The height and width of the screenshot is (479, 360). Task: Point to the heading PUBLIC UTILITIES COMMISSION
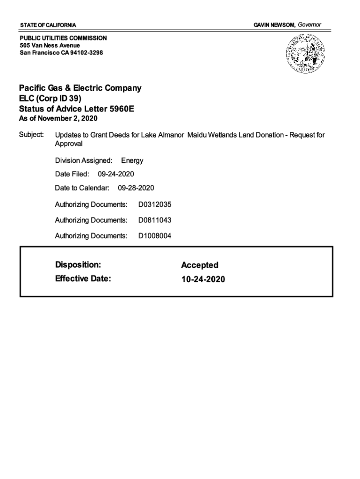pos(63,38)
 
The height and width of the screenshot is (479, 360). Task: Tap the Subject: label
pos(31,135)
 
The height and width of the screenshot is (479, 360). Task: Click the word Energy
pos(132,160)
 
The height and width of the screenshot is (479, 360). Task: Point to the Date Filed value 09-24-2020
pos(116,174)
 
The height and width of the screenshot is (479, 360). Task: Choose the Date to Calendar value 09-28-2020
pos(136,188)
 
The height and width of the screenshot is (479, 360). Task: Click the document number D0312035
pos(155,204)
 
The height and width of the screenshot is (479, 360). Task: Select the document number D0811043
pos(155,220)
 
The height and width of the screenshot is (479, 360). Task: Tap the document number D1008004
pos(155,236)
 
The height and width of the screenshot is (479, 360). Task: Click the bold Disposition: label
pos(78,265)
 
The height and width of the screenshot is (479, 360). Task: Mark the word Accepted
pos(200,265)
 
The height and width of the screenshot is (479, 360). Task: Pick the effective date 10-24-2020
pos(203,279)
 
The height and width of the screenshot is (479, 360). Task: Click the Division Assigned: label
pos(84,160)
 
